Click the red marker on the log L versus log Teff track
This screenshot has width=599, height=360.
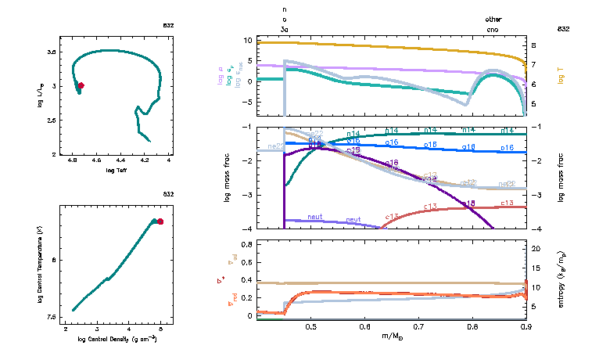(x=81, y=85)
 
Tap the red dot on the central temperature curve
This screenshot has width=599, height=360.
(x=160, y=221)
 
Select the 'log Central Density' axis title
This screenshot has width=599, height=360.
(x=117, y=338)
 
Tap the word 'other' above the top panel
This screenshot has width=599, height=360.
(x=493, y=18)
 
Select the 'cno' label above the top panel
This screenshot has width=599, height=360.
(x=493, y=29)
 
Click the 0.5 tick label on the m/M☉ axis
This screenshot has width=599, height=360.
(x=310, y=327)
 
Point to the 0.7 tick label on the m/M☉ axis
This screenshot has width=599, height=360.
(x=418, y=327)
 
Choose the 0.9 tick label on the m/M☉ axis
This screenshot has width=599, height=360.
(x=525, y=327)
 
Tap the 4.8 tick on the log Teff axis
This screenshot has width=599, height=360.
(x=73, y=160)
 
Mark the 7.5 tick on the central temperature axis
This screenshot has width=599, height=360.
(x=51, y=317)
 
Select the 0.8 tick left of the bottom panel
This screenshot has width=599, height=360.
(x=246, y=245)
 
